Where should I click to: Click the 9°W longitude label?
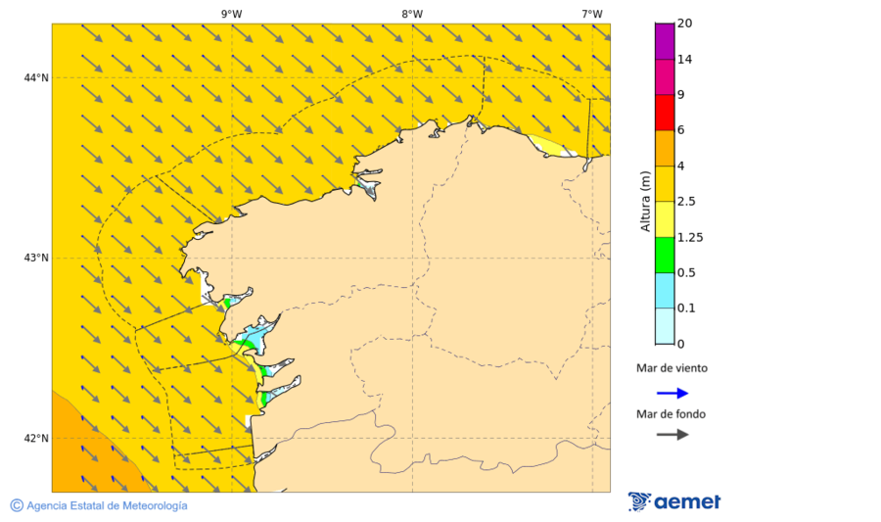pyautogui.click(x=231, y=14)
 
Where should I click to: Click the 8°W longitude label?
pyautogui.click(x=412, y=14)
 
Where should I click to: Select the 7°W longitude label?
pyautogui.click(x=591, y=14)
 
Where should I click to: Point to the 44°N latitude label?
pyautogui.click(x=37, y=77)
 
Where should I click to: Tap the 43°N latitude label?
pyautogui.click(x=37, y=258)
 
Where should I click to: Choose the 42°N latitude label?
pyautogui.click(x=37, y=438)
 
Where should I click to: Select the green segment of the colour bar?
pyautogui.click(x=665, y=255)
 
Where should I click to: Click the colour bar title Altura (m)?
pyautogui.click(x=645, y=201)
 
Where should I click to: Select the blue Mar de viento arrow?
pyautogui.click(x=672, y=393)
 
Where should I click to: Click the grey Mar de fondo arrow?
pyautogui.click(x=672, y=435)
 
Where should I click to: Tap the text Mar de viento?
pyautogui.click(x=671, y=368)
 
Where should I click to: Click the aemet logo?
pyautogui.click(x=674, y=501)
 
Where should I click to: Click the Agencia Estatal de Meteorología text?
pyautogui.click(x=107, y=505)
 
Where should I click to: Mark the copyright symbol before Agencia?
pyautogui.click(x=17, y=505)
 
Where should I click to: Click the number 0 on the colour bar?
pyautogui.click(x=681, y=344)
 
